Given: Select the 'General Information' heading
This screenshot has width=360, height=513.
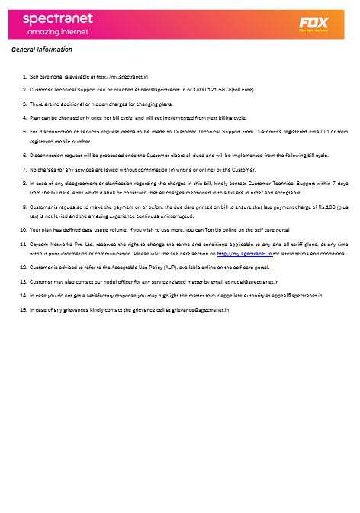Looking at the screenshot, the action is (42, 50).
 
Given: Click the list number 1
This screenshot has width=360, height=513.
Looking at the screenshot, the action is (24, 77).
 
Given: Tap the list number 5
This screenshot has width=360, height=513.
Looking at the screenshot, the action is (24, 131).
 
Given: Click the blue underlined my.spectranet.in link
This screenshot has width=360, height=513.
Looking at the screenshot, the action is (245, 252).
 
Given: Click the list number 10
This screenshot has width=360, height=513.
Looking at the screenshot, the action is (23, 229).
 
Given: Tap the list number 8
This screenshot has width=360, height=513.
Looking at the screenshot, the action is (24, 184).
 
